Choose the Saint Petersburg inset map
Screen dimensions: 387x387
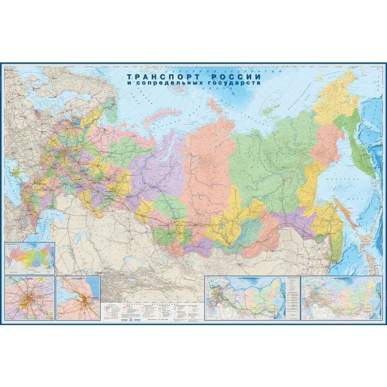tap(78, 298)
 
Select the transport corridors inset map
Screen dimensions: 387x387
tap(244, 298)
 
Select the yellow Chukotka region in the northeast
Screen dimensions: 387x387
tap(334, 94)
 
